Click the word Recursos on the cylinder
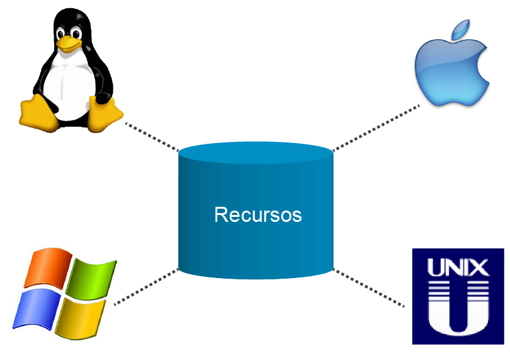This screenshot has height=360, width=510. (x=258, y=215)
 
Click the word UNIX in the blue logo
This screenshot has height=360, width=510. (x=458, y=267)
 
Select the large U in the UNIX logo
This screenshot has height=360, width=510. (x=458, y=309)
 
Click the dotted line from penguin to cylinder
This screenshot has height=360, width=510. (x=152, y=137)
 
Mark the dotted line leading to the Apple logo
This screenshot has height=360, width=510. (x=376, y=128)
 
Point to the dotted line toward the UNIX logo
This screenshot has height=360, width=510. (x=369, y=288)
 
